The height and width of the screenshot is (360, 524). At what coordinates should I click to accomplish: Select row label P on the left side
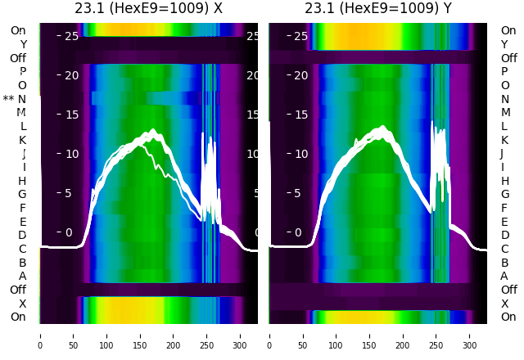(x=22, y=72)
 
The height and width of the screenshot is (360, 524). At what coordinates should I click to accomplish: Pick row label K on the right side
(x=505, y=140)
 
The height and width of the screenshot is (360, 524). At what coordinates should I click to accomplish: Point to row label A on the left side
(x=22, y=277)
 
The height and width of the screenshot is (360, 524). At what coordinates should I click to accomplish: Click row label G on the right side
(x=505, y=195)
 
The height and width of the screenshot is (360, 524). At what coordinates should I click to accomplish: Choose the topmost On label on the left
(x=18, y=30)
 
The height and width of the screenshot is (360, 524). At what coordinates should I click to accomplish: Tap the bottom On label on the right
(x=508, y=317)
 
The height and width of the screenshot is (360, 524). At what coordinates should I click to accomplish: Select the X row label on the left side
(x=22, y=304)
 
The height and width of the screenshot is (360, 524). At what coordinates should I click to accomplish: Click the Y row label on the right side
(x=505, y=44)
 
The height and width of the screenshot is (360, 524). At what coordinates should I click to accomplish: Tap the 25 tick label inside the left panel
(x=70, y=36)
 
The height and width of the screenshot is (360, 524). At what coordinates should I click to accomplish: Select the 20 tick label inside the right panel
(x=300, y=75)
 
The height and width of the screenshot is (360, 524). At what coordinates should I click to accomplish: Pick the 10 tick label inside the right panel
(x=300, y=154)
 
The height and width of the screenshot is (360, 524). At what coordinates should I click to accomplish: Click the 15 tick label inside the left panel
(x=70, y=115)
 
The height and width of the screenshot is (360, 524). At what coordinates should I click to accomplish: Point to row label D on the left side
(x=22, y=236)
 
